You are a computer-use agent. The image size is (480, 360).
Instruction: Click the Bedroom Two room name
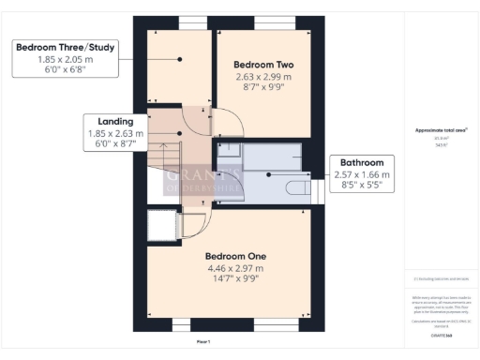[262, 64]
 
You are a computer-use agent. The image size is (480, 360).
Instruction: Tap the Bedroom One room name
[235, 256]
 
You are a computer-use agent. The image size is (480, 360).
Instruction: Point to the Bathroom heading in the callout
[361, 162]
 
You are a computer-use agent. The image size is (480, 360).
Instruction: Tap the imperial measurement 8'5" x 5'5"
[361, 185]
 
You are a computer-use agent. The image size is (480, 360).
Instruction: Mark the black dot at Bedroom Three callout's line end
[178, 59]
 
